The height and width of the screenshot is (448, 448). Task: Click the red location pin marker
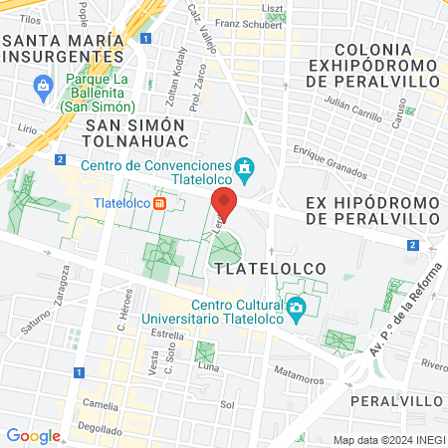point(225,203)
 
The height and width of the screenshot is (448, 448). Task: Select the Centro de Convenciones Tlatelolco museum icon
point(244,165)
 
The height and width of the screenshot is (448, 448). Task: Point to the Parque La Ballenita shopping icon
point(45,88)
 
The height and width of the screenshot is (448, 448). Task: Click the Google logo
point(33,435)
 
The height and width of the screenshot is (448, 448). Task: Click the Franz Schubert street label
point(243,23)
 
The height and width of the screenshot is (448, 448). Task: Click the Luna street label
point(209,366)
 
